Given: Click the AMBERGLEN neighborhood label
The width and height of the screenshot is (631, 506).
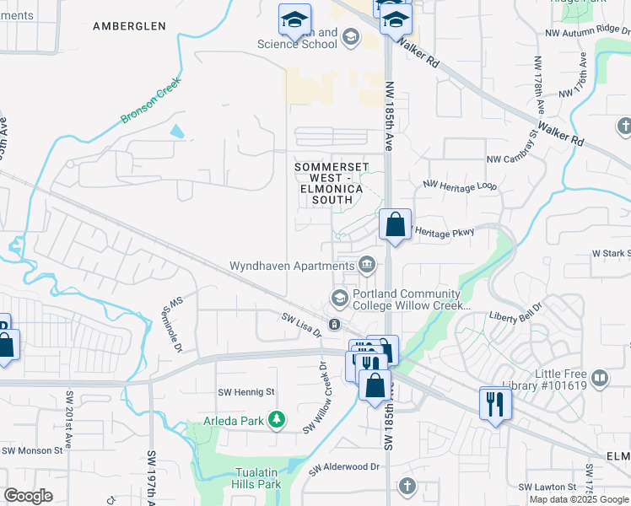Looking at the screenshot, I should pyautogui.click(x=130, y=26).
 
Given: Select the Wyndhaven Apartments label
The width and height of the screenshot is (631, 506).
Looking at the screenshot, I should pyautogui.click(x=292, y=266).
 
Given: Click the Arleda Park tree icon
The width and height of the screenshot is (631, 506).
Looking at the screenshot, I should pyautogui.click(x=275, y=419).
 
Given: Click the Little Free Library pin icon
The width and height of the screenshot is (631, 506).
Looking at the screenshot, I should pyautogui.click(x=600, y=377).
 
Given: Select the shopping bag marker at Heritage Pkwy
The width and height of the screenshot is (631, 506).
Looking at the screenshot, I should pyautogui.click(x=395, y=225).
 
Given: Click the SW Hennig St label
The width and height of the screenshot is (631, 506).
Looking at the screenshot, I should pyautogui.click(x=246, y=392).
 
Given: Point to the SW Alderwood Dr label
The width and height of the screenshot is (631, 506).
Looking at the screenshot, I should pyautogui.click(x=344, y=466).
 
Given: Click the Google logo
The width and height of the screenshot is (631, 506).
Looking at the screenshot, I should pyautogui.click(x=28, y=496).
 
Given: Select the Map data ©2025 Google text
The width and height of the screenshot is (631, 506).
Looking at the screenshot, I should pyautogui.click(x=578, y=499).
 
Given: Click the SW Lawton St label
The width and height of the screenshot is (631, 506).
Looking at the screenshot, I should pyautogui.click(x=547, y=487).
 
